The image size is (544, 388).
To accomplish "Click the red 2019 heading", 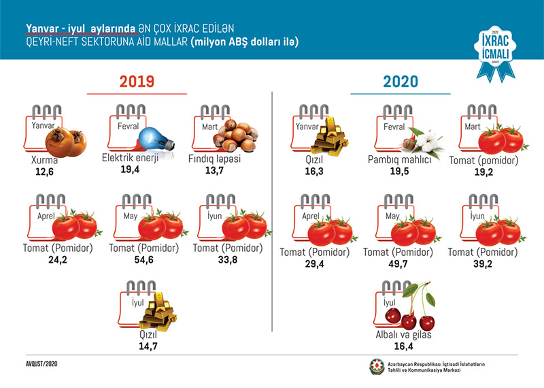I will click(x=137, y=81).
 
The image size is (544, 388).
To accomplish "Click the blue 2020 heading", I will click(x=401, y=82).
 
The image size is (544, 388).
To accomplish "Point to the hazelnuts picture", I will click(x=233, y=134).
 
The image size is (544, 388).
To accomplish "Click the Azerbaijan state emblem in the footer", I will click(x=376, y=366).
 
